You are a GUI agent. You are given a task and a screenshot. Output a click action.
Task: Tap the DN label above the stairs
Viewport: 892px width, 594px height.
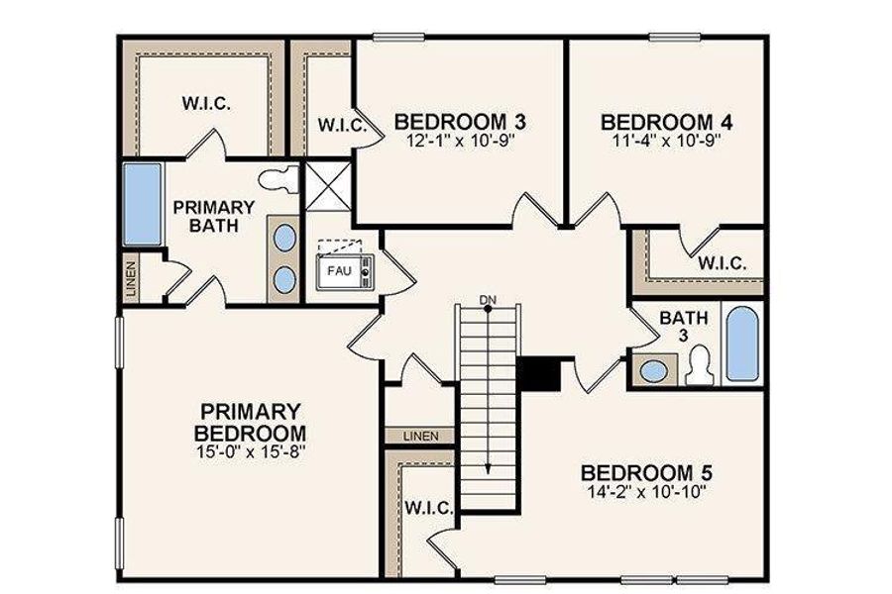tap(487, 299)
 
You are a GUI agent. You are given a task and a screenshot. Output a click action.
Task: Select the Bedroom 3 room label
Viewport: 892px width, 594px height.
tap(460, 122)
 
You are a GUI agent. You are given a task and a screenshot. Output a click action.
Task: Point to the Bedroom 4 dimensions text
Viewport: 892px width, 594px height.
tap(667, 140)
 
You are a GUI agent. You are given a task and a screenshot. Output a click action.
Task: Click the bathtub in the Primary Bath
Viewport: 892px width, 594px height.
tap(142, 205)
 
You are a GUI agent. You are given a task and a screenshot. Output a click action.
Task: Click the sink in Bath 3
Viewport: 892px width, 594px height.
tap(653, 371)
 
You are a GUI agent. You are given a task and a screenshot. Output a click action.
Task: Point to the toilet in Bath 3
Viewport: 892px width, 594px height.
tap(701, 366)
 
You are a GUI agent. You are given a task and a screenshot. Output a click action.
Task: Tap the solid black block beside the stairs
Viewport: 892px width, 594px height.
tap(540, 374)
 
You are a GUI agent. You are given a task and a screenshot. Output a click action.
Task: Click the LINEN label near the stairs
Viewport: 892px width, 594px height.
tap(419, 436)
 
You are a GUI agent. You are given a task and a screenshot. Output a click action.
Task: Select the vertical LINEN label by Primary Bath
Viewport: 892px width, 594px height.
tap(133, 277)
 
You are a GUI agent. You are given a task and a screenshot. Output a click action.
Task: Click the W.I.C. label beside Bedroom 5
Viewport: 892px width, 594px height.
tap(428, 508)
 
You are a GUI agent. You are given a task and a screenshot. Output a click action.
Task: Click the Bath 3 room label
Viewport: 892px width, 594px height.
tap(680, 326)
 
